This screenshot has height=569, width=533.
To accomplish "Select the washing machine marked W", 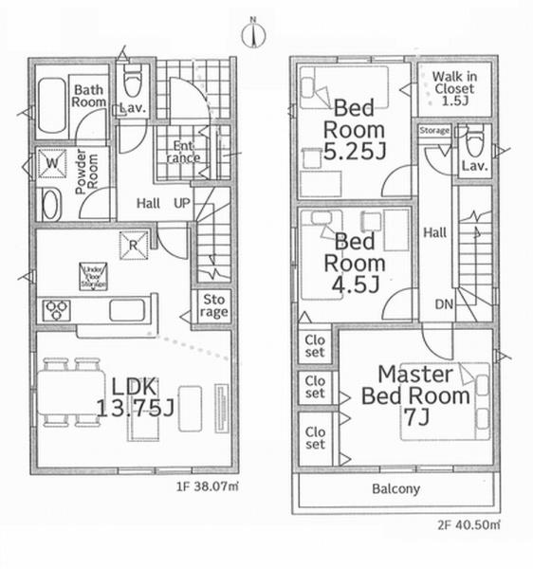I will click(50, 166).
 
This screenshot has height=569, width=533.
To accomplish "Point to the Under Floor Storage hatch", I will click(93, 276).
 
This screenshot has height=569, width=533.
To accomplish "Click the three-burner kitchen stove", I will click(57, 310).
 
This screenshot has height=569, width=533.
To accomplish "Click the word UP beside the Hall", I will click(180, 203).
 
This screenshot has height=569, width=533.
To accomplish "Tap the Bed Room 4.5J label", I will click(355, 264).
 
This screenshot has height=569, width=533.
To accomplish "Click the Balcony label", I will click(395, 489).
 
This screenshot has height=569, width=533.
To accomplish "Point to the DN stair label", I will click(444, 305).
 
